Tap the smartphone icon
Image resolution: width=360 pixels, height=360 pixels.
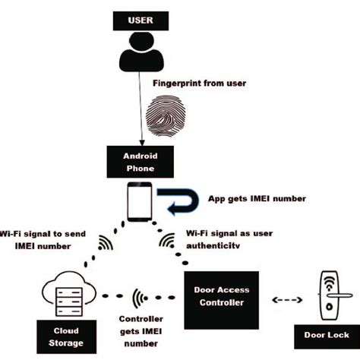137,200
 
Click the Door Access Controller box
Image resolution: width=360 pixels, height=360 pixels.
221,296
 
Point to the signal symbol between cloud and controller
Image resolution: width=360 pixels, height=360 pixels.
138,297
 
